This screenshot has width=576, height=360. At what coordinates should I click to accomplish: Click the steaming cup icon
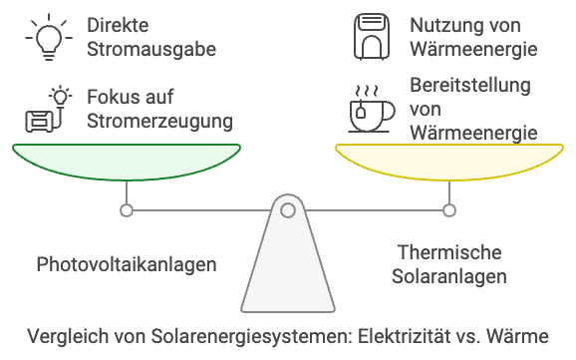point(365,110)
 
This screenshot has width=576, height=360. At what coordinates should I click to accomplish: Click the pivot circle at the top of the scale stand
point(287,210)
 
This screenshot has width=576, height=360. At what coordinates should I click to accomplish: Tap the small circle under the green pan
point(126,210)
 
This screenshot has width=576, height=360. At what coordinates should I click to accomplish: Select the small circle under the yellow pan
point(449,210)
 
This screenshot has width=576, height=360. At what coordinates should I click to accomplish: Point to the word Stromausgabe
point(152,47)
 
